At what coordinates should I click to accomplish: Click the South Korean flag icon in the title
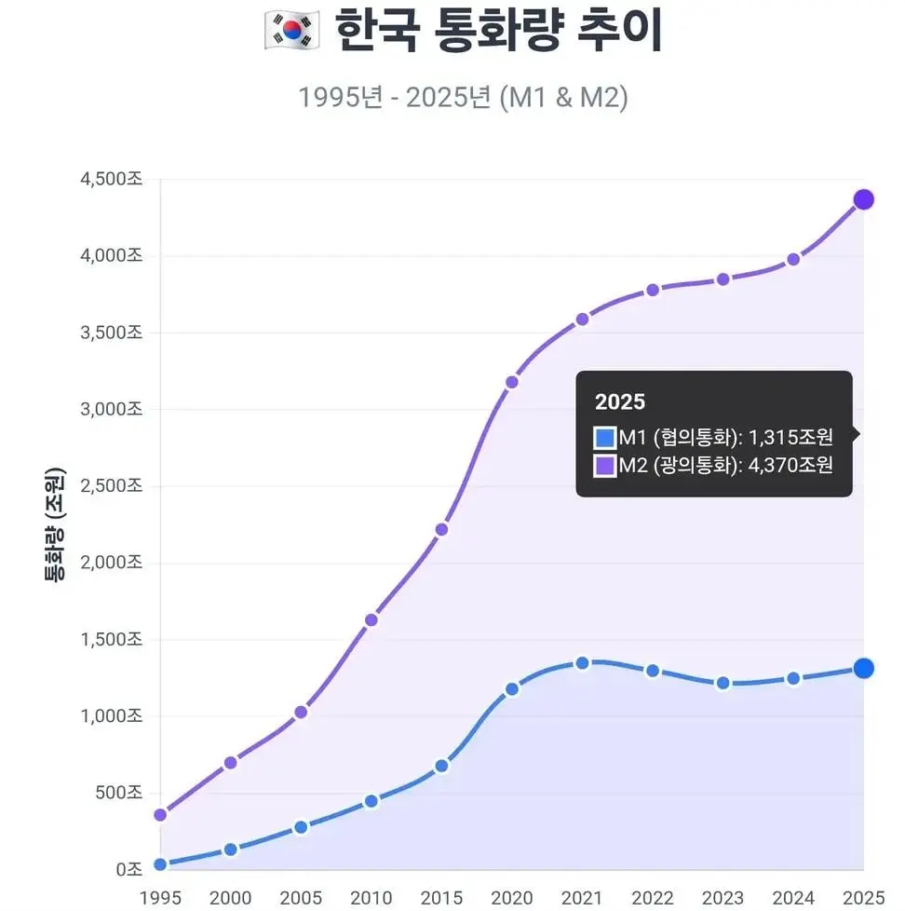click(292, 30)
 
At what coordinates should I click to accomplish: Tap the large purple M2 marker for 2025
click(863, 199)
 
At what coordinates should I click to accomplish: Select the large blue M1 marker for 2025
click(863, 668)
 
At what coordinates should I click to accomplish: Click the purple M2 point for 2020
click(512, 382)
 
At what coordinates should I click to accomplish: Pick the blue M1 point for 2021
click(582, 663)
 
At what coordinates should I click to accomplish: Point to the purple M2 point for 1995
click(160, 815)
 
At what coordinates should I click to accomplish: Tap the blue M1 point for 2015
click(441, 766)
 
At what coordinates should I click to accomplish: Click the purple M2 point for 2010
click(371, 619)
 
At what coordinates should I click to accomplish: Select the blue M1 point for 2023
click(723, 683)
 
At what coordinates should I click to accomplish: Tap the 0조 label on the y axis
click(128, 870)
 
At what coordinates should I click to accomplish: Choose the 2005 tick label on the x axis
click(301, 898)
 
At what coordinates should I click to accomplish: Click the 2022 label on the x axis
click(653, 898)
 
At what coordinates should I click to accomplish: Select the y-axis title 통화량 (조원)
click(55, 524)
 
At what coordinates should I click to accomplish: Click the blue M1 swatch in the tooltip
click(605, 437)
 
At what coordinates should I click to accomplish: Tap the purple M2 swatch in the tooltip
click(605, 465)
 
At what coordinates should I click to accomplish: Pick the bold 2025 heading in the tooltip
click(620, 402)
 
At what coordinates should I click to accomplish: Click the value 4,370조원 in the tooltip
click(790, 465)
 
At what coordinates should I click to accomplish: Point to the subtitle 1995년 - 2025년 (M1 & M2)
click(463, 97)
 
